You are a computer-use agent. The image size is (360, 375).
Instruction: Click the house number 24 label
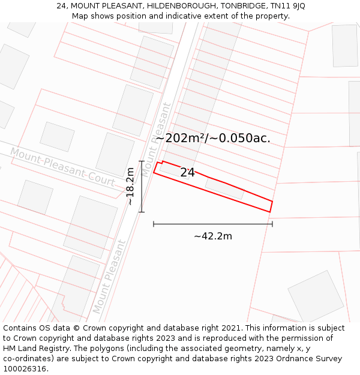coord(187,173)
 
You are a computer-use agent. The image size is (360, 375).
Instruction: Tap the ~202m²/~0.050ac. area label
coord(213,138)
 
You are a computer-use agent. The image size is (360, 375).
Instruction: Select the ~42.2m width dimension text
coord(213,236)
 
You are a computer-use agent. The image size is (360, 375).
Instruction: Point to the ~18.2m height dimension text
coord(130,187)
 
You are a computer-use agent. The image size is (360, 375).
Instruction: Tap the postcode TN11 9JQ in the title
coord(287,6)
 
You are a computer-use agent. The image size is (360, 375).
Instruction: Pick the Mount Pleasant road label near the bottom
coord(109,276)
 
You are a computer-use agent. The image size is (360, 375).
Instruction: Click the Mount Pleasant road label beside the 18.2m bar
coord(157,140)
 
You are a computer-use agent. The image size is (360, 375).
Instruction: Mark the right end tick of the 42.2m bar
coord(272,224)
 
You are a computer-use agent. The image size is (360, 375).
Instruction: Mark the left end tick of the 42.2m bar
coord(154,224)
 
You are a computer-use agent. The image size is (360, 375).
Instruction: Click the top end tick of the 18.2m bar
coord(142,161)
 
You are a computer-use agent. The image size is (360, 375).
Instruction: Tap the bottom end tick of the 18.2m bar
coord(142,211)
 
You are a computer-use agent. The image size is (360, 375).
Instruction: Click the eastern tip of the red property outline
coord(273,202)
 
